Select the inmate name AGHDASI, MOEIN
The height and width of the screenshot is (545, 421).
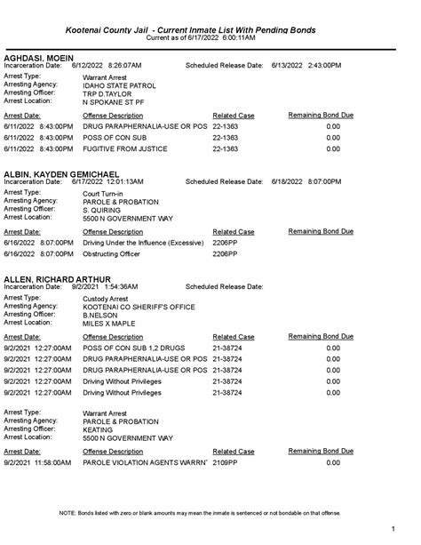click(37, 58)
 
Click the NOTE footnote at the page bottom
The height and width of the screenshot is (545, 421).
click(210, 514)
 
